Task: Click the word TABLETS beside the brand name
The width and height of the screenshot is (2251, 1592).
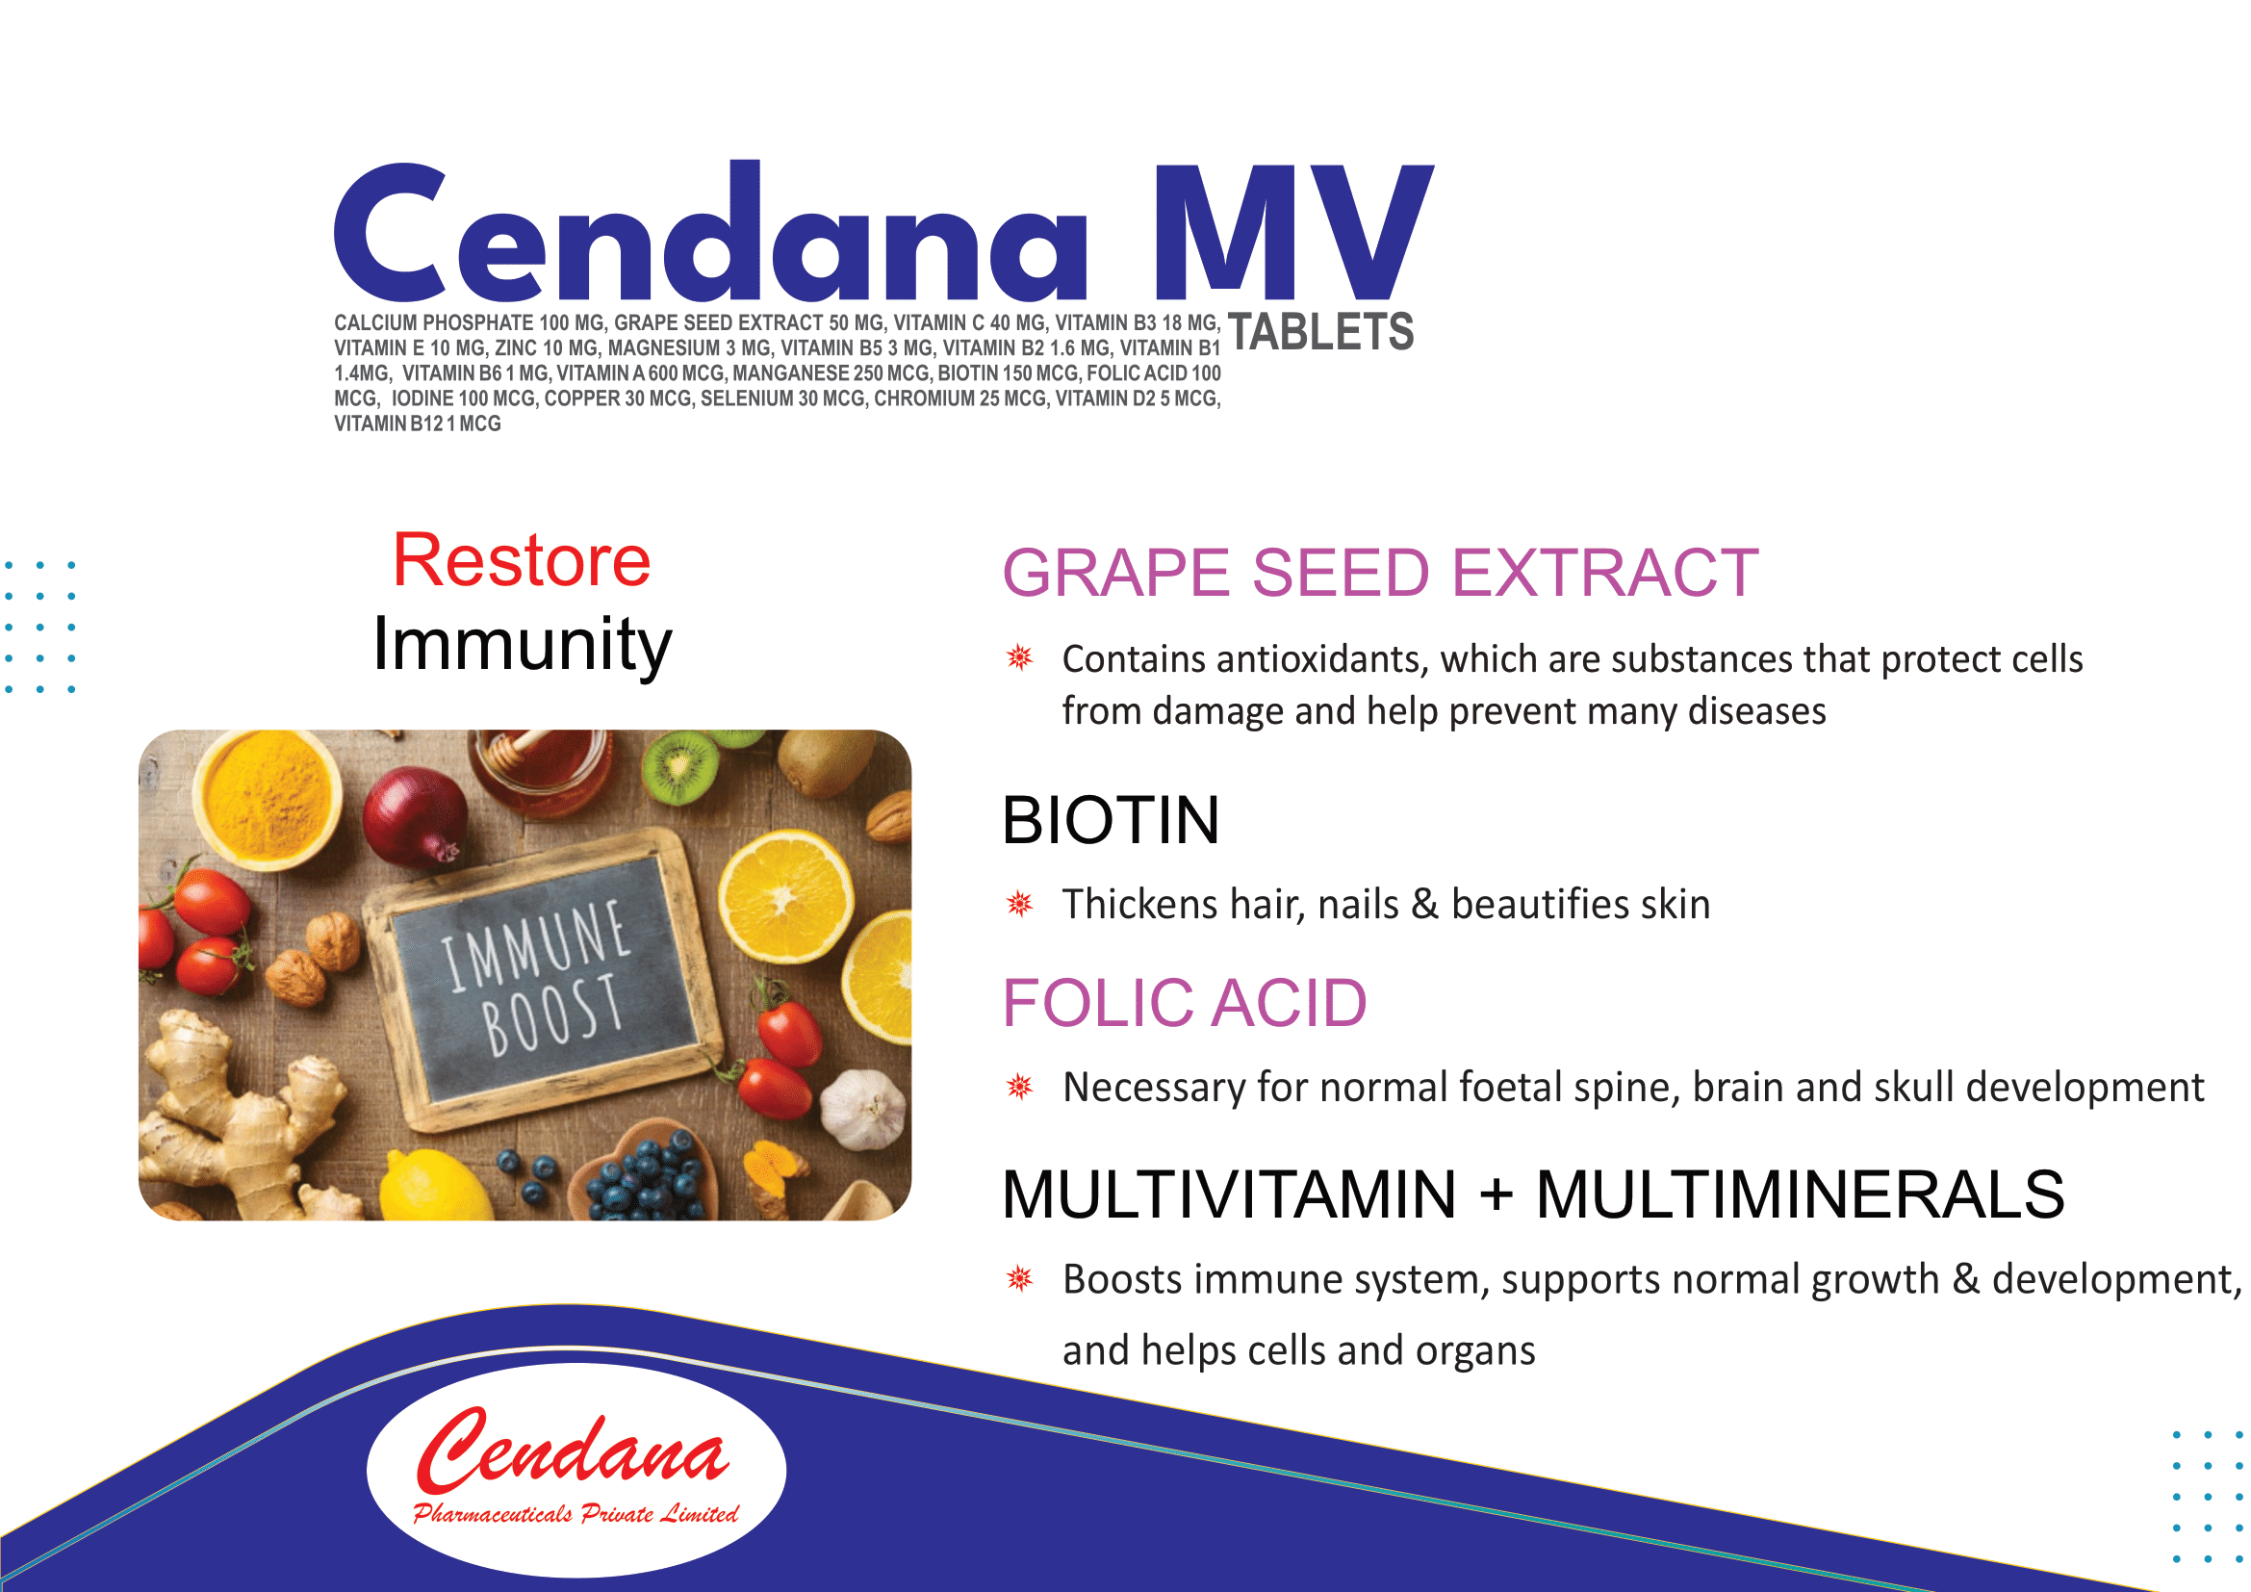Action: coord(1319,331)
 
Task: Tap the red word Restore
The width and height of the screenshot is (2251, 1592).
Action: coord(522,561)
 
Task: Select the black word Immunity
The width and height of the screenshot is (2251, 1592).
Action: coord(522,645)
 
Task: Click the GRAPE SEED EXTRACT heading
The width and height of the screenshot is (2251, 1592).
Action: coord(1379,573)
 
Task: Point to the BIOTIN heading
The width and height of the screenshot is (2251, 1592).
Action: coord(1111,819)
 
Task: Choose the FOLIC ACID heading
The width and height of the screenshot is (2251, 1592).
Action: coord(1185,1003)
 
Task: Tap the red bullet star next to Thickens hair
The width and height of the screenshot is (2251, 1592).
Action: coord(1019,904)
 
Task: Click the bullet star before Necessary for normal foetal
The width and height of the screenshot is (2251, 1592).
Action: coord(1019,1086)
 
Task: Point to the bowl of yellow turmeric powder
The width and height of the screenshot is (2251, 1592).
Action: coord(267,799)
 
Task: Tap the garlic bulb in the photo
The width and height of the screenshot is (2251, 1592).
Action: coord(862,1109)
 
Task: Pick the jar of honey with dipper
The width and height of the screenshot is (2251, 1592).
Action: coord(539,770)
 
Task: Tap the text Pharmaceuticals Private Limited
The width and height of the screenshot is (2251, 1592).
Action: coord(576,1514)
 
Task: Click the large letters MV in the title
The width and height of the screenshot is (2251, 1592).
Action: coord(1293,232)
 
